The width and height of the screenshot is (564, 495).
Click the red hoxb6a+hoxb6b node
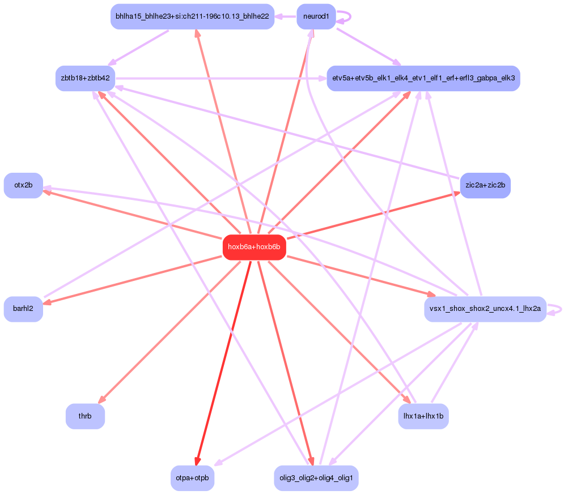pos(254,247)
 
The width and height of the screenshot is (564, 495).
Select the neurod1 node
pos(316,16)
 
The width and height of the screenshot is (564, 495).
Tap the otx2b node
pos(23,185)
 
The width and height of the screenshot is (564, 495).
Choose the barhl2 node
pos(23,309)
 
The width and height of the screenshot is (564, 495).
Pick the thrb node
pos(85,416)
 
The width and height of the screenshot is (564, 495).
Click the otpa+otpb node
pos(192,478)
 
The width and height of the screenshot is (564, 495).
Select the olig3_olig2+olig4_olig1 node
pos(316,478)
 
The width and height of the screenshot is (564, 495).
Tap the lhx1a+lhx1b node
pos(423,416)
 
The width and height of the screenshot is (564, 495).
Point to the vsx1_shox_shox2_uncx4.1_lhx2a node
pos(485,309)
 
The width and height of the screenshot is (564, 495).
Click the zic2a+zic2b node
pos(485,185)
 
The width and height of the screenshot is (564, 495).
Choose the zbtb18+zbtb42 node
pos(85,78)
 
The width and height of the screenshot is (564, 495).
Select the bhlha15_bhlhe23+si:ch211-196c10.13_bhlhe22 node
pos(192,16)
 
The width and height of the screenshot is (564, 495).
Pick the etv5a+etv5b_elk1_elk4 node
pos(423,78)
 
